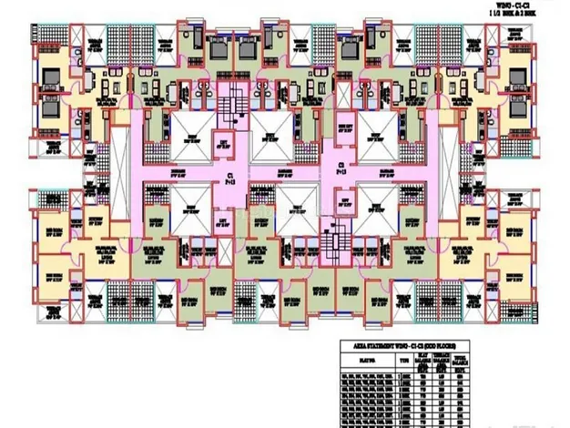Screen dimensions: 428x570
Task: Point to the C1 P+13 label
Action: coord(232,173)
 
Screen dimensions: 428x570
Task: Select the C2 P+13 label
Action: coord(341,166)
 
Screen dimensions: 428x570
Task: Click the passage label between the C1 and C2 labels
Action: coord(284,172)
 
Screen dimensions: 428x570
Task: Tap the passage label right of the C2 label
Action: coord(385,172)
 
